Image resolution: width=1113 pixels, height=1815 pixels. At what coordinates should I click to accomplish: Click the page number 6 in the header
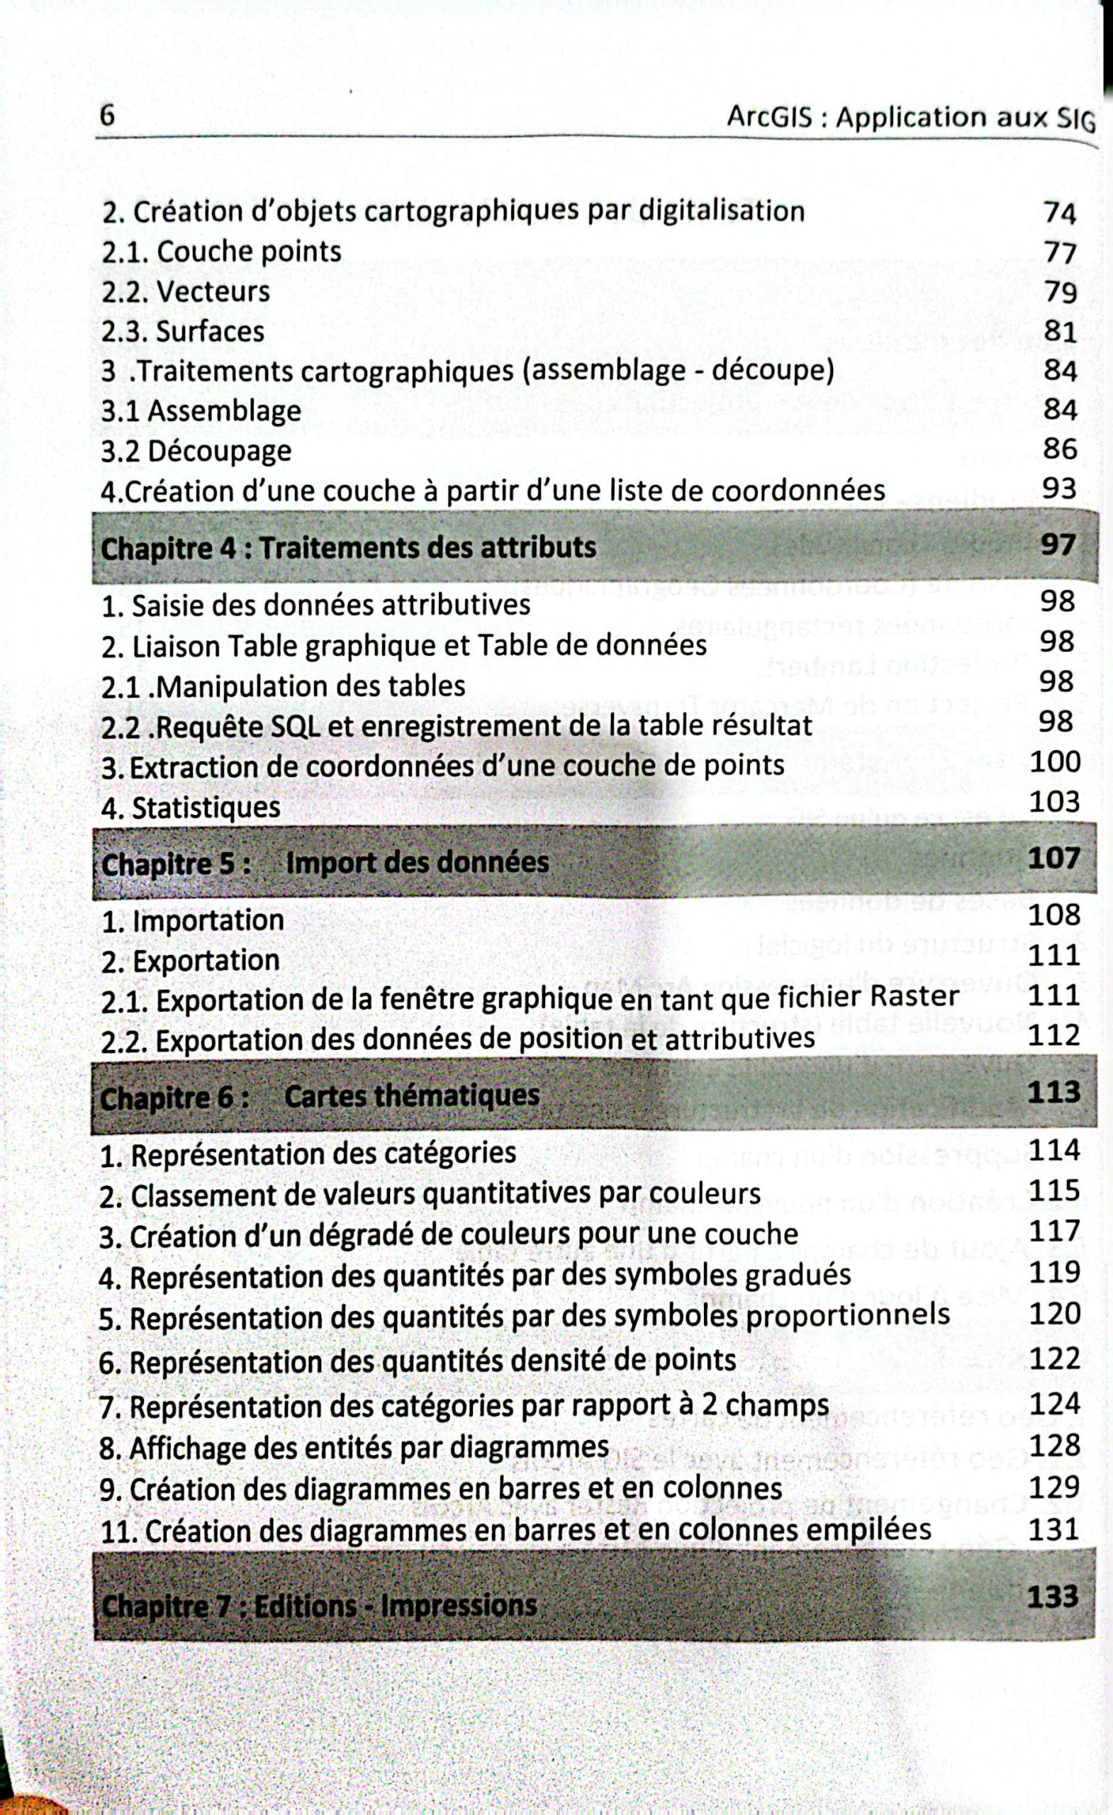(x=108, y=116)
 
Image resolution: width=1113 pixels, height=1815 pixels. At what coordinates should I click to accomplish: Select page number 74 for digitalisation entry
(x=1060, y=213)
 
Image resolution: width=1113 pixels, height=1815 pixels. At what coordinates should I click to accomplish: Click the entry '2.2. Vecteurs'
(x=186, y=291)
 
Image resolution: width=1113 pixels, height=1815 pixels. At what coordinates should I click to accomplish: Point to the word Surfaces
(x=210, y=332)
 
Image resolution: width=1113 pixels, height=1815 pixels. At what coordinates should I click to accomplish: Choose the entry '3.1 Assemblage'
(x=201, y=411)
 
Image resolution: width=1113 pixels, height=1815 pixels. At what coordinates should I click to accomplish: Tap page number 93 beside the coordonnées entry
(x=1059, y=488)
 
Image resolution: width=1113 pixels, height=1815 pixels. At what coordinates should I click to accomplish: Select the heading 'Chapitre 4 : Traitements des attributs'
(x=347, y=548)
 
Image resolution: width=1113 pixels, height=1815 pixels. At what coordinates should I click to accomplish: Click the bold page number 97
(x=1058, y=545)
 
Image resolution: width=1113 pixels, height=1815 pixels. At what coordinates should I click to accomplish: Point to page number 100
(x=1054, y=761)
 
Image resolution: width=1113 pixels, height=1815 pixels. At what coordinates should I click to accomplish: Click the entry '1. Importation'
(x=192, y=921)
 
